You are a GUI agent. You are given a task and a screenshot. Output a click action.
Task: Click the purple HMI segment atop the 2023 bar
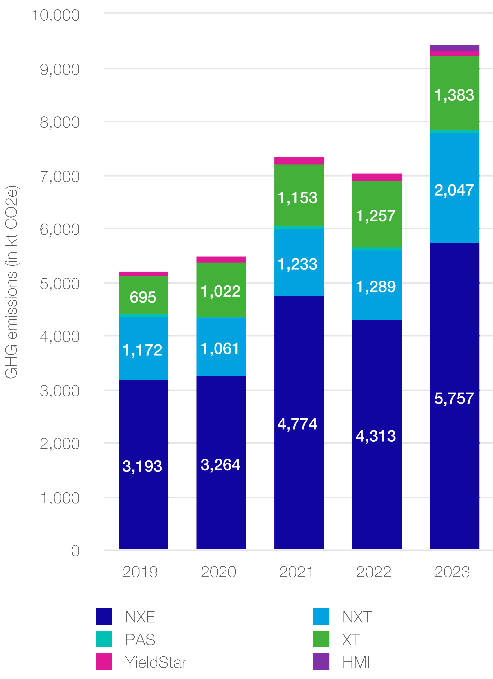click(454, 49)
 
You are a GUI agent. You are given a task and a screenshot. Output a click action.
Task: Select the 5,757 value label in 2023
click(454, 399)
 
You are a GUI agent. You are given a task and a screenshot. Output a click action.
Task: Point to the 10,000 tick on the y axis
click(56, 15)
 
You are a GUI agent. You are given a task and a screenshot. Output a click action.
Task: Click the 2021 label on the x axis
click(296, 572)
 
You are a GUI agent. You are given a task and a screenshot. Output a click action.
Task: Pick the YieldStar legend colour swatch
click(104, 662)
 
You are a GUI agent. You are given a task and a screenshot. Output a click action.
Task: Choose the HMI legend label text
click(356, 662)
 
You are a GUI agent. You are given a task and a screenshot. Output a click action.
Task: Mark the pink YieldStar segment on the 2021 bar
click(299, 161)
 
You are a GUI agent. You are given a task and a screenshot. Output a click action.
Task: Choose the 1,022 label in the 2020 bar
click(220, 291)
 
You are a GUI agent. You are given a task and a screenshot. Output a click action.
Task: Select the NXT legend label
click(357, 617)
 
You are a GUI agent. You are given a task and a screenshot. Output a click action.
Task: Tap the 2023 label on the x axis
click(452, 572)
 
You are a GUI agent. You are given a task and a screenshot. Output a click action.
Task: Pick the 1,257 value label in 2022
click(376, 216)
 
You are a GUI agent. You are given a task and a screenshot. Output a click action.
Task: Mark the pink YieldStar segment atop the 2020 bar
click(221, 260)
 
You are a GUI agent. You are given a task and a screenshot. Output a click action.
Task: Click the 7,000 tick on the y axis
click(60, 177)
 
